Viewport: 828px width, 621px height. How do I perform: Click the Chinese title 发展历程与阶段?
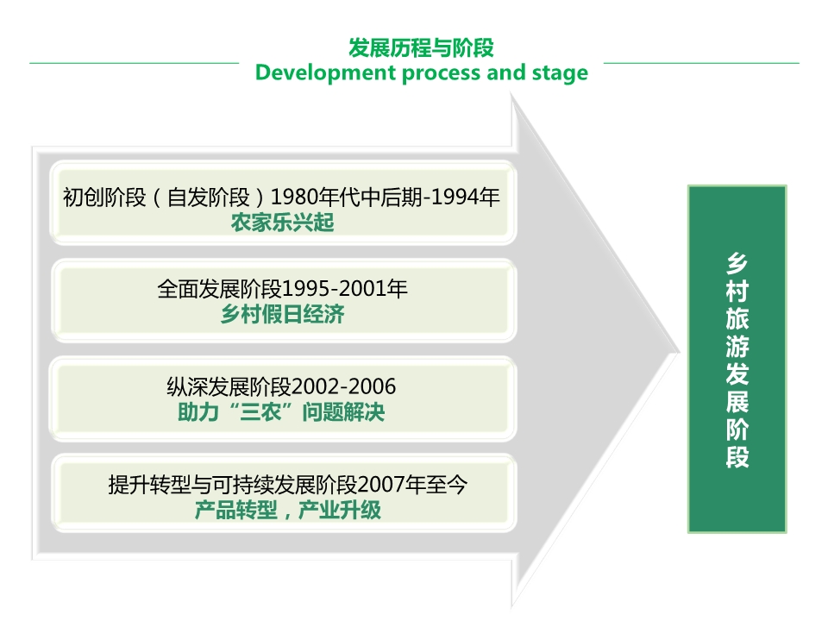421,48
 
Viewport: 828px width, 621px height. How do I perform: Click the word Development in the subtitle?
325,72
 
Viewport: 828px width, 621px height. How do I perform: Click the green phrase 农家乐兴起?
282,223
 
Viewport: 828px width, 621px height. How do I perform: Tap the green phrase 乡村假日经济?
282,314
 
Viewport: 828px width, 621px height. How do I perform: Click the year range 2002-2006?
343,387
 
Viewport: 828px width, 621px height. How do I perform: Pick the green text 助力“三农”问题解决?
281,412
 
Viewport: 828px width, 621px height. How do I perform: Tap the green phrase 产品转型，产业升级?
287,510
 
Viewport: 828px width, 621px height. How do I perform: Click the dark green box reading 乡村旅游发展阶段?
737,359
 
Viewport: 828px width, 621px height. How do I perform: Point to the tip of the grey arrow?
679,353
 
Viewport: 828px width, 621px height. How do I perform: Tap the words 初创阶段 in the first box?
104,198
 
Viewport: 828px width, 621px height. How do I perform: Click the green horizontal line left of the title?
135,63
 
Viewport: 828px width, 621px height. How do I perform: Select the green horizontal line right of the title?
701,63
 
